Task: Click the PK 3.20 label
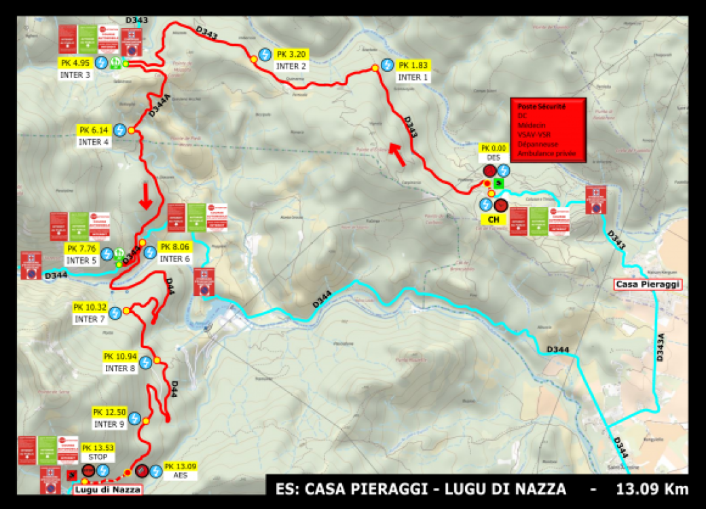[292, 54]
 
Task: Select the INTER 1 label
[413, 77]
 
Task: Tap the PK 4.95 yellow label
[75, 63]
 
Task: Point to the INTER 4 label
[94, 142]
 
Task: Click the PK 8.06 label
[175, 247]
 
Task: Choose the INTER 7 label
[90, 319]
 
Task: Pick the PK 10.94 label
[120, 356]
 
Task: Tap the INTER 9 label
[109, 424]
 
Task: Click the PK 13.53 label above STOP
[98, 447]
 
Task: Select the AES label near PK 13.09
[180, 476]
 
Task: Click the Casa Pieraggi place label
[646, 285]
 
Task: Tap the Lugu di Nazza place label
[108, 489]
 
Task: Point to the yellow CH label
[494, 220]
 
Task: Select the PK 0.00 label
[494, 147]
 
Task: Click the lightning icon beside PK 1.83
[387, 65]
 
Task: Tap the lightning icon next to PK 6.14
[120, 129]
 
